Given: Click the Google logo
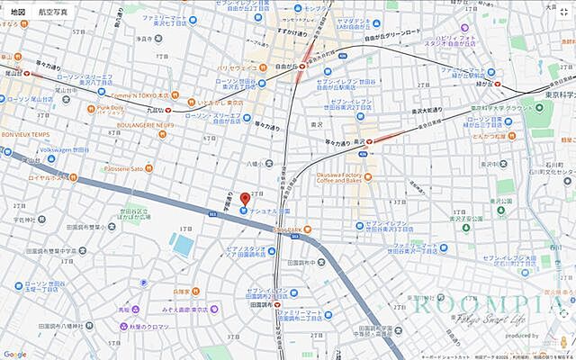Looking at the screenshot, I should click(x=14, y=354).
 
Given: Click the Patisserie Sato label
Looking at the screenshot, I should click(x=123, y=168).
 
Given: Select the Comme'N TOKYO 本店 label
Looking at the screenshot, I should click(x=139, y=94).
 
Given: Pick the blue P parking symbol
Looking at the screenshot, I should click(x=144, y=282).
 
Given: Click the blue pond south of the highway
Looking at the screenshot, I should click(x=183, y=245).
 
